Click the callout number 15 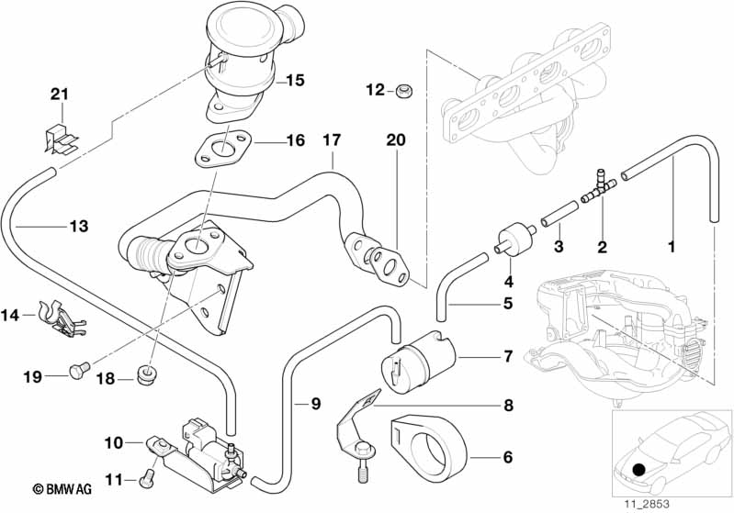(295, 81)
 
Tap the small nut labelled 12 (404, 91)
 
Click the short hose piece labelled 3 (560, 213)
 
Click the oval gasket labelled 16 (222, 150)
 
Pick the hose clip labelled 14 (62, 318)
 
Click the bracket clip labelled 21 (61, 138)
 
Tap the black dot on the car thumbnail (638, 469)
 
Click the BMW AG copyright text (62, 489)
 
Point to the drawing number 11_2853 (646, 504)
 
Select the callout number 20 (396, 139)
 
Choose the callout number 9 (316, 403)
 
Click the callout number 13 (79, 227)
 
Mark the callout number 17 (332, 139)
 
